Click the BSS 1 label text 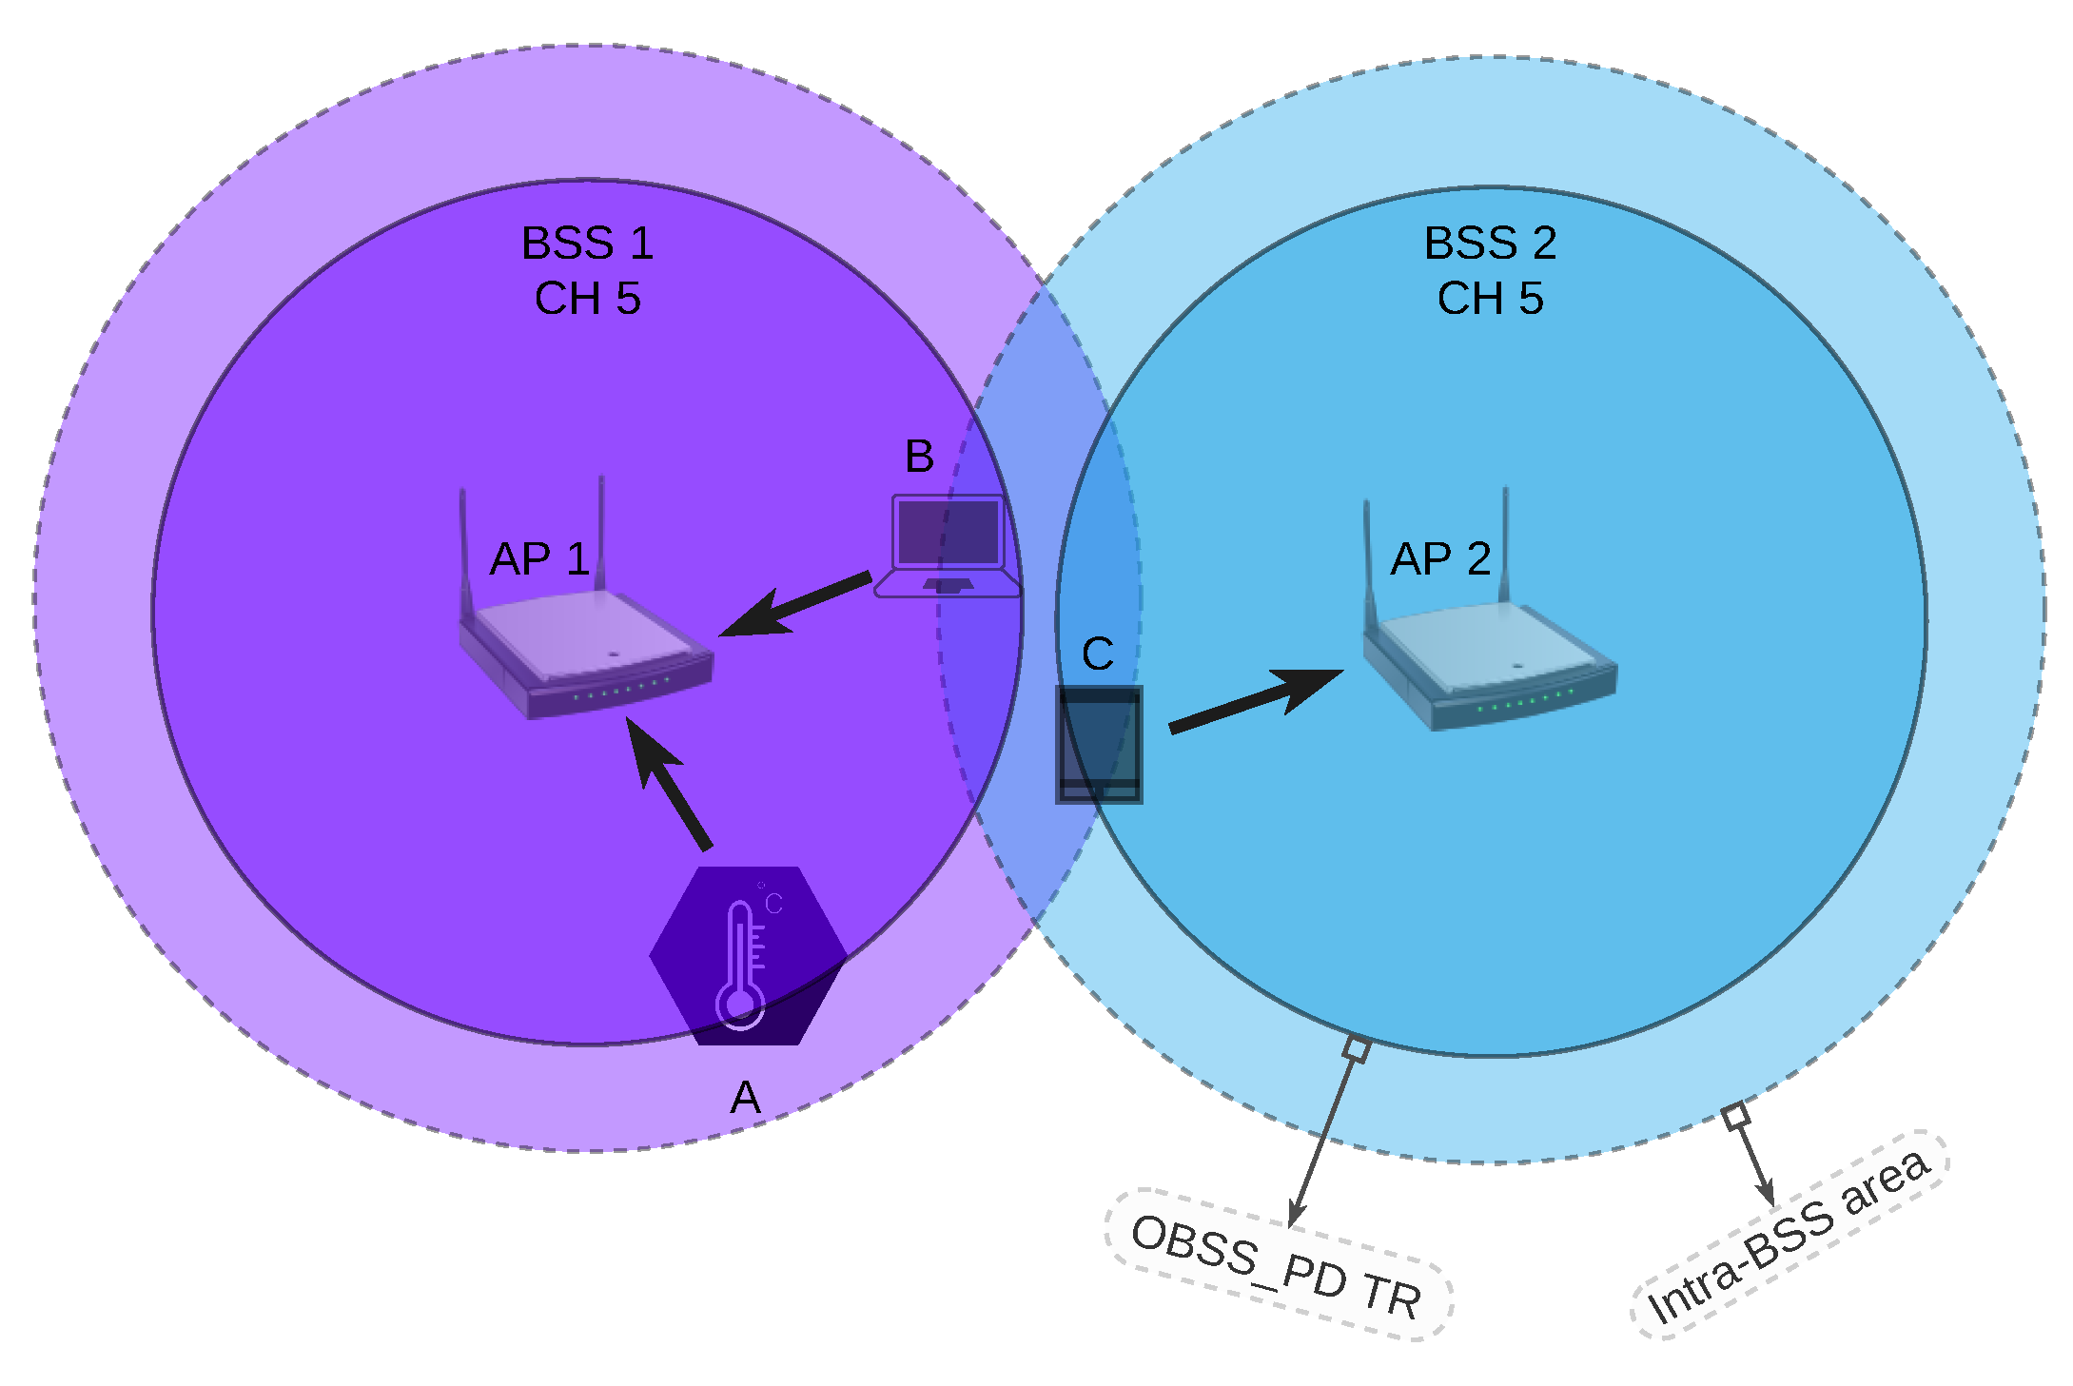coord(587,244)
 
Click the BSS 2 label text coord(1490,244)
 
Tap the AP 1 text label coord(538,559)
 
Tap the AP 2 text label coord(1440,559)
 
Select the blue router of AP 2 coord(1490,666)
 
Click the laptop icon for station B coord(948,547)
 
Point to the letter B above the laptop coord(919,457)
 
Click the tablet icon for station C coord(1099,745)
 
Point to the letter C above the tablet coord(1098,654)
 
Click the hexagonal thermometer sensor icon coord(748,956)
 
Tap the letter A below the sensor coord(746,1098)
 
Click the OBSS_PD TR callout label coord(1278,1266)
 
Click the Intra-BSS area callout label coord(1789,1238)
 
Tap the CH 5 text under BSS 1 coord(587,299)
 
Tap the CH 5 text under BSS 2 coord(1490,299)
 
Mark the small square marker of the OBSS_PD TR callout coord(1357,1049)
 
